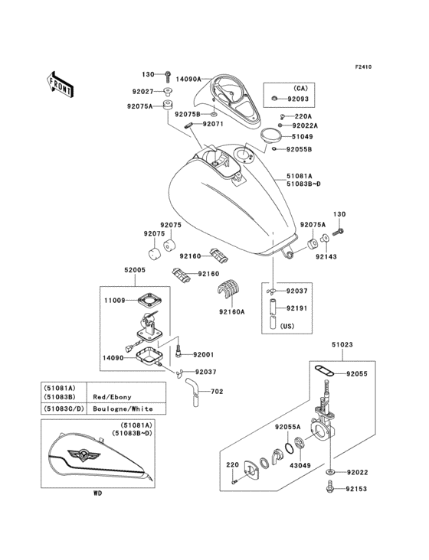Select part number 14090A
tap(188, 79)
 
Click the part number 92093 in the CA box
tap(298, 99)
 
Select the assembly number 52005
tap(135, 270)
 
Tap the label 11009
tap(116, 301)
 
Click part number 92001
tap(204, 354)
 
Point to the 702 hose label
tap(218, 391)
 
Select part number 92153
tap(356, 487)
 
